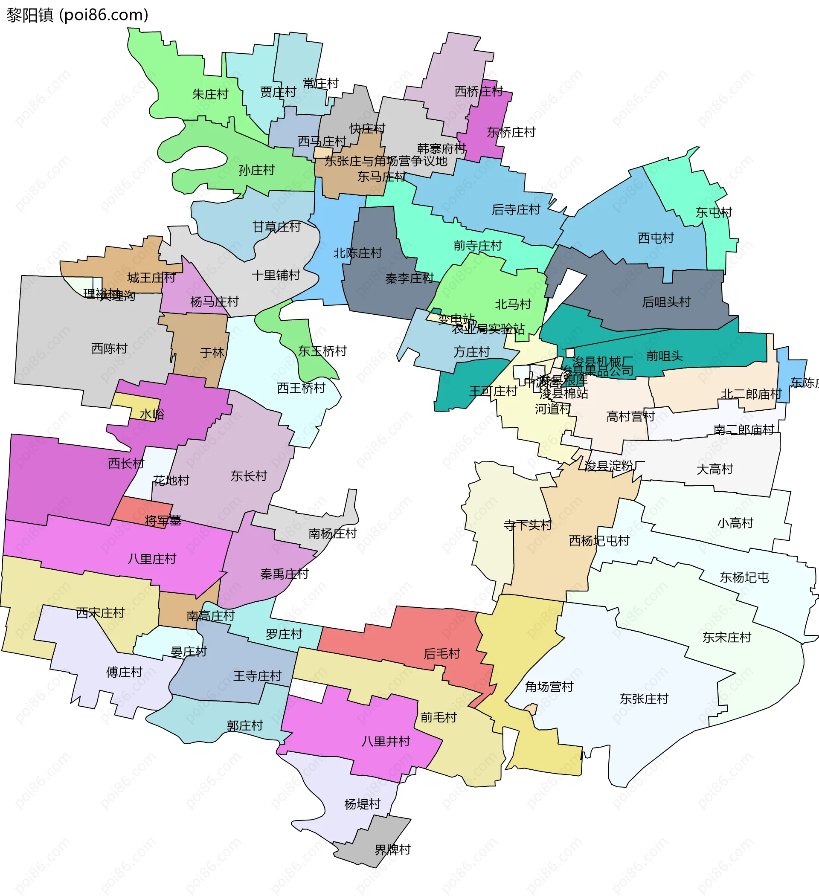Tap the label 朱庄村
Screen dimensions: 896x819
pyautogui.click(x=210, y=94)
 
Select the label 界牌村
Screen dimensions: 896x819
pyautogui.click(x=392, y=850)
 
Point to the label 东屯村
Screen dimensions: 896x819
pyautogui.click(x=714, y=212)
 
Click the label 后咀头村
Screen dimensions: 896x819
pyautogui.click(x=666, y=302)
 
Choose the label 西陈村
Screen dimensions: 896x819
pyautogui.click(x=109, y=348)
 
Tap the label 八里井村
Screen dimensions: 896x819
pyautogui.click(x=386, y=741)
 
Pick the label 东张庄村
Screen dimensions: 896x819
pyautogui.click(x=644, y=699)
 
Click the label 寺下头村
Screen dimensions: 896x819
pyautogui.click(x=527, y=525)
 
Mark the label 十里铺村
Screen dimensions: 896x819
pyautogui.click(x=276, y=275)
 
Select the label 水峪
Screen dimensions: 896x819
pyautogui.click(x=152, y=414)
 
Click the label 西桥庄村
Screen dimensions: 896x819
pyautogui.click(x=479, y=92)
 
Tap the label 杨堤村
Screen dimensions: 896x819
pyautogui.click(x=363, y=804)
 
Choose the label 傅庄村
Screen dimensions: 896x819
pyautogui.click(x=124, y=672)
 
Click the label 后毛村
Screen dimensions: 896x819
pyautogui.click(x=441, y=654)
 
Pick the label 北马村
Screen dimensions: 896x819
pyautogui.click(x=513, y=304)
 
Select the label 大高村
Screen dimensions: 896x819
pyautogui.click(x=714, y=469)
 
